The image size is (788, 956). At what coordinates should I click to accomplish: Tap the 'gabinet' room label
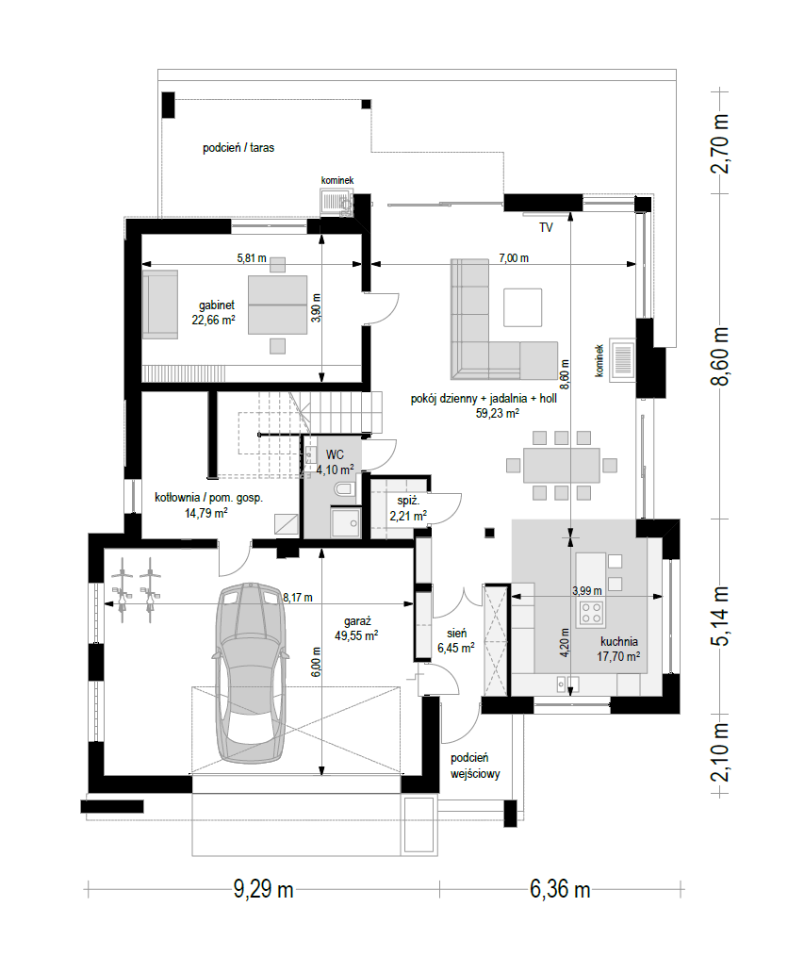(217, 305)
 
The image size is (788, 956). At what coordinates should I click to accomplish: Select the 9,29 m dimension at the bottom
(263, 889)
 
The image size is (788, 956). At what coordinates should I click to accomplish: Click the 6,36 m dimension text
(560, 889)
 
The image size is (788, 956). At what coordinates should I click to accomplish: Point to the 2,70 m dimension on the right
(720, 143)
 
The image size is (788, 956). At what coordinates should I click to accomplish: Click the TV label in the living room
(546, 227)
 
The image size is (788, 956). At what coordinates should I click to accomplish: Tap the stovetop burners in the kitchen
(591, 612)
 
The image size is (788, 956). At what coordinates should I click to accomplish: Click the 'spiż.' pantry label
(408, 501)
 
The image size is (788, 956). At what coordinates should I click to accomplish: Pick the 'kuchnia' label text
(619, 641)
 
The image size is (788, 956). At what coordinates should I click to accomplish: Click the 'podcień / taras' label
(238, 147)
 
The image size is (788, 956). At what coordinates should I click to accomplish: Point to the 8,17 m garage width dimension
(298, 598)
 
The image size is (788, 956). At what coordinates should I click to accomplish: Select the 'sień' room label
(456, 635)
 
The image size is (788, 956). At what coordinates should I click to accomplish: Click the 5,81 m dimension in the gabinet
(252, 258)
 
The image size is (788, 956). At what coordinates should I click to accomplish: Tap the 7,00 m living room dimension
(514, 258)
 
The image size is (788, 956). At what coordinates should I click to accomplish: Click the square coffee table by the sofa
(522, 308)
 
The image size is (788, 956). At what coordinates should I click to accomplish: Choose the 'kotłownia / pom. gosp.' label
(208, 498)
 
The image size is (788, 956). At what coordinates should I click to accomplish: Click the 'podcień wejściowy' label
(475, 766)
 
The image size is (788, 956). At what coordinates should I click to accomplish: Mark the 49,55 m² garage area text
(356, 635)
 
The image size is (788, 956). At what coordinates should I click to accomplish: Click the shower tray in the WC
(346, 522)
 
